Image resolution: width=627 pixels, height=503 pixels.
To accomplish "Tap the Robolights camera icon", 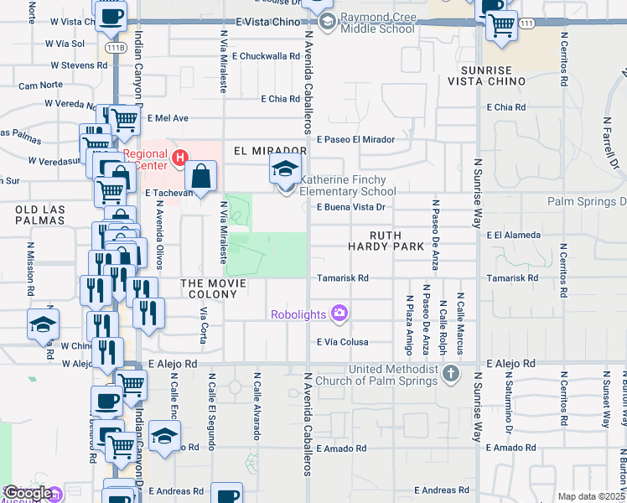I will tap(339, 314).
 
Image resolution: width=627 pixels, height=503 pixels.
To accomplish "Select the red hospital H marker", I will tap(179, 158).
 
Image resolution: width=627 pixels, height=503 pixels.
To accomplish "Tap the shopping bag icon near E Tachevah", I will tap(201, 177).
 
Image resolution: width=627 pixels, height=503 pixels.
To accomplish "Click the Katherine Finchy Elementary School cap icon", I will tap(285, 170).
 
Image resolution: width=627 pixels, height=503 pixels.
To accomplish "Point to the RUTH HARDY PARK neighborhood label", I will tap(387, 241).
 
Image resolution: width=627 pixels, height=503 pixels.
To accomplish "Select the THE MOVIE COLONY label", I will tap(213, 284).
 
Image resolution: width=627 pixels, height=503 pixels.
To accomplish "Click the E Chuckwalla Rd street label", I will tap(267, 56).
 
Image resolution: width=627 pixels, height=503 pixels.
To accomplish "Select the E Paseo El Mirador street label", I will tap(355, 139).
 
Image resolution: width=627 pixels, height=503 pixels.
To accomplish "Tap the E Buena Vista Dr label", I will tap(350, 206).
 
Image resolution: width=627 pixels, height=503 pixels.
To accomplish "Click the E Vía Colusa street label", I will tap(343, 341).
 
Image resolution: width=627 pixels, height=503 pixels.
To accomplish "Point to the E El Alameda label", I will tap(514, 236).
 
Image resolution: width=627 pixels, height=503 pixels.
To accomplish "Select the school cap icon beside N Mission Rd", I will tap(44, 325).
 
